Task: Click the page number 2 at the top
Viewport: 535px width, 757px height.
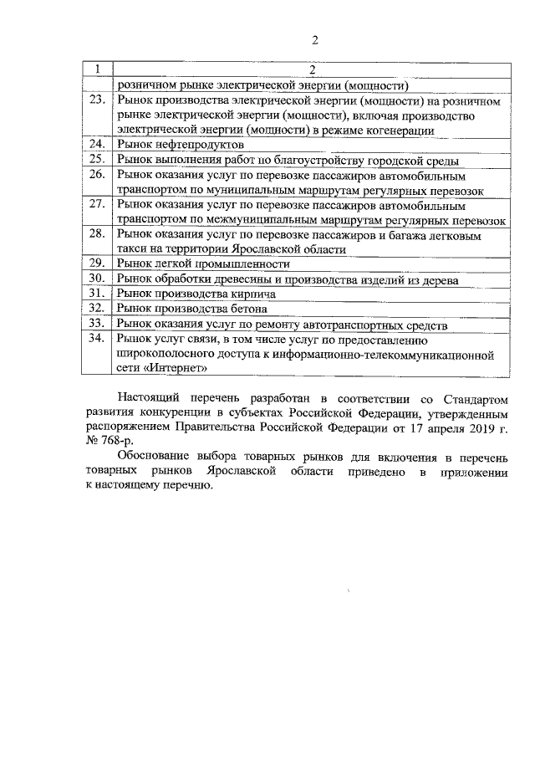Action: (314, 40)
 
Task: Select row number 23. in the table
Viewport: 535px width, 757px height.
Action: (98, 100)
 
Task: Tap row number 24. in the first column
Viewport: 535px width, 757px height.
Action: (98, 144)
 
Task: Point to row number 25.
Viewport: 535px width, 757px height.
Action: (98, 159)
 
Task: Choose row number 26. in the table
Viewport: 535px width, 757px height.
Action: (98, 174)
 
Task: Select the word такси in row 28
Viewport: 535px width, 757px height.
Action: (132, 249)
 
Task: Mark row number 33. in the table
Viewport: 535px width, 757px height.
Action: (98, 324)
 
